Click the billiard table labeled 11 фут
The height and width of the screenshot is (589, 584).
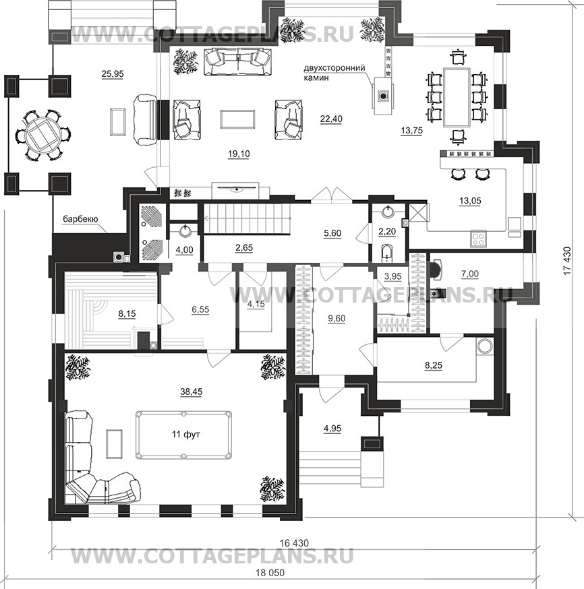coord(184,435)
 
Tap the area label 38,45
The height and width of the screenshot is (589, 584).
coord(192,392)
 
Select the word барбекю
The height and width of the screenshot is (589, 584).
coord(80,219)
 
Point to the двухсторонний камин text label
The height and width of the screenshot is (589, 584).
coord(334,73)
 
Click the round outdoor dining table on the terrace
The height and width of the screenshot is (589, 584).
coord(44,134)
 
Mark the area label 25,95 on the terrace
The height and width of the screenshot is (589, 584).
coord(113,74)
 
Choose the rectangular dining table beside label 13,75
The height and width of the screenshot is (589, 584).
coord(457,97)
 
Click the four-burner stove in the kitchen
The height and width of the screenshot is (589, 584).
coord(479,239)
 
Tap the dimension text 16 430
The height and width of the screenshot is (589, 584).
coord(294,543)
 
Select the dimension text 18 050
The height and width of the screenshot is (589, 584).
coord(270,573)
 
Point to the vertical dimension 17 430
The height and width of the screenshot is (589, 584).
coord(567,260)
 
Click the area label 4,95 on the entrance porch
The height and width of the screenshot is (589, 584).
coord(332,429)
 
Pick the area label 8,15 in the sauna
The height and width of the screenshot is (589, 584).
coord(127,313)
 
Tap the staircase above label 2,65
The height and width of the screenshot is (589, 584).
coord(247,218)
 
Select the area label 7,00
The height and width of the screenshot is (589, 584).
coord(470,274)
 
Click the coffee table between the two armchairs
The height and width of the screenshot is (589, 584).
coord(237,119)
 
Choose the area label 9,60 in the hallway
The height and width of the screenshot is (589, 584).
coord(337,319)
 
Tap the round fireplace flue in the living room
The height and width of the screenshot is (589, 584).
coord(383,96)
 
